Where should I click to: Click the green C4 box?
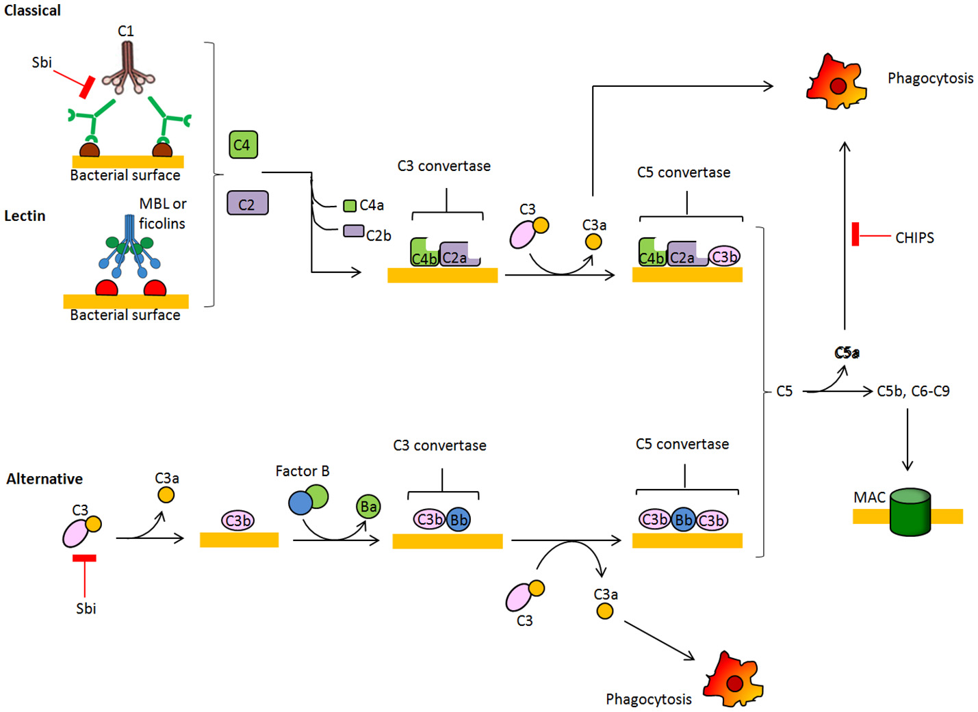coord(242,145)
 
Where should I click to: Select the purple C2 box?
coord(247,203)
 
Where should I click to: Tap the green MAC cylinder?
coord(910,512)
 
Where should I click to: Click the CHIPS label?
coord(914,237)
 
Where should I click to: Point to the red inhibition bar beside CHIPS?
coord(855,234)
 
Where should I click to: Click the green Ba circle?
coord(368,507)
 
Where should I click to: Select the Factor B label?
coord(302,471)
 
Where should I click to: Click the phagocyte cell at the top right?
coord(836,83)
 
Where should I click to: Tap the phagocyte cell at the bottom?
coord(733,681)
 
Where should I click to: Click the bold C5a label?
coord(847,353)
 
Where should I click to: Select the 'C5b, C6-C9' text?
coord(913,391)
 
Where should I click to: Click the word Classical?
coord(32,10)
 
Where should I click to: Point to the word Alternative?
coord(44,479)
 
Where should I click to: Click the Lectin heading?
coord(25,216)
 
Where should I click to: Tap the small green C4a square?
coord(350,205)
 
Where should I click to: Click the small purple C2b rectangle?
coord(353,231)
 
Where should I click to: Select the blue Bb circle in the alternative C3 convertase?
coord(459,520)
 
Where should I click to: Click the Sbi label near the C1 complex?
coord(42,62)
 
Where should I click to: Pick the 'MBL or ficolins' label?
coord(162,213)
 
